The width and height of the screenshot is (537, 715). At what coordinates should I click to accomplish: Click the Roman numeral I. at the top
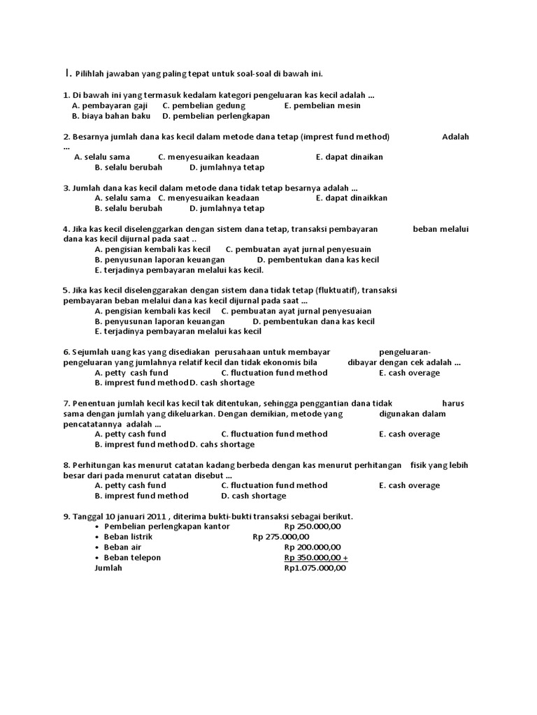point(67,73)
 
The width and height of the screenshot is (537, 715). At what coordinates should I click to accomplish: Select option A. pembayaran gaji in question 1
point(107,105)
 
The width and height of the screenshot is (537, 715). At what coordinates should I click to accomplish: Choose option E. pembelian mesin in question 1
point(322,105)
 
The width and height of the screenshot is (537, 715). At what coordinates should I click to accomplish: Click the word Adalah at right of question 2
point(455,137)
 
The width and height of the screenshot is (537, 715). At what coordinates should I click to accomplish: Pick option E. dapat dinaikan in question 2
point(349,157)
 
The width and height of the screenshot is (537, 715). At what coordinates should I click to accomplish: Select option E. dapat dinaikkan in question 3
point(351,198)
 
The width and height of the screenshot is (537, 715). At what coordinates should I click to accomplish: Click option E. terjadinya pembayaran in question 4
point(178,270)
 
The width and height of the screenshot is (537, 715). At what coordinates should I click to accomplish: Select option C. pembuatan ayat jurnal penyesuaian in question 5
point(296,311)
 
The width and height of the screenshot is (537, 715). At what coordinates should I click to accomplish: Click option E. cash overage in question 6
point(409,373)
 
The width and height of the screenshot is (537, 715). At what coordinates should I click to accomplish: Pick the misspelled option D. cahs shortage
point(222,444)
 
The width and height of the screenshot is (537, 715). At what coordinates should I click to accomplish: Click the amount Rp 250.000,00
point(313,526)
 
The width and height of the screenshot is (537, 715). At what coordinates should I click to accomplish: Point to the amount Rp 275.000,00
point(280,537)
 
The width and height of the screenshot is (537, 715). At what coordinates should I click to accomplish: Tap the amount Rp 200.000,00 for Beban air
point(313,547)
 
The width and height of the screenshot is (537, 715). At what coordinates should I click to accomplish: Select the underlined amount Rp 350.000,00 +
point(316,558)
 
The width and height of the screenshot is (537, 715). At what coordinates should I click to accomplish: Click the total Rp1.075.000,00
point(315,568)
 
